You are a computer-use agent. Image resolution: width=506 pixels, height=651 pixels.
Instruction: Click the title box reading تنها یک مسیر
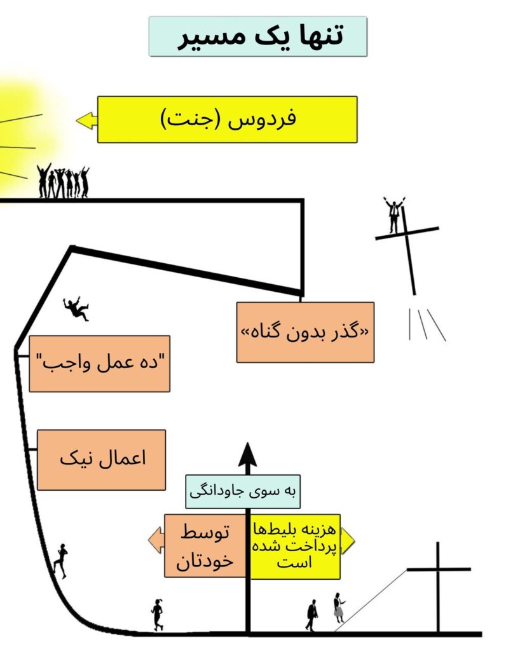click(x=258, y=36)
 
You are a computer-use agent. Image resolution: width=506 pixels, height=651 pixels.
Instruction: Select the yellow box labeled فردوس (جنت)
click(x=227, y=120)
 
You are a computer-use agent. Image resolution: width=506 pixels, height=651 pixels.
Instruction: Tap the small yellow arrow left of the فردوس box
click(x=86, y=120)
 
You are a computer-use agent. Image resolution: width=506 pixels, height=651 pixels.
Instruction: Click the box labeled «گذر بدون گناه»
click(x=305, y=332)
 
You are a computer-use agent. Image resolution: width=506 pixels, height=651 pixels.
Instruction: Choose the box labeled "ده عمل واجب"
click(x=100, y=364)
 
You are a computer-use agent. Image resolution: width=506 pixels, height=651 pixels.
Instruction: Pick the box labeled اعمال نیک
click(x=101, y=460)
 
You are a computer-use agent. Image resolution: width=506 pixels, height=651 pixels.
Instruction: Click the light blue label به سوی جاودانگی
click(x=242, y=491)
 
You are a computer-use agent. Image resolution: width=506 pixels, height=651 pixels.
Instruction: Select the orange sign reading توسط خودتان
click(x=205, y=546)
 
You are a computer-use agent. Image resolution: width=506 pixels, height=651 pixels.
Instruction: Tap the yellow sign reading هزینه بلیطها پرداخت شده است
click(x=295, y=546)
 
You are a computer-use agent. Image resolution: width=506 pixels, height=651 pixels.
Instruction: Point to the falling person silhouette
click(x=76, y=309)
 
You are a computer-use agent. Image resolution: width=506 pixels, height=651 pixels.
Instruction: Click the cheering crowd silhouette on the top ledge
click(x=63, y=181)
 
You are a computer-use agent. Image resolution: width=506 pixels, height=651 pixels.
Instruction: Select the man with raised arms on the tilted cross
click(x=393, y=215)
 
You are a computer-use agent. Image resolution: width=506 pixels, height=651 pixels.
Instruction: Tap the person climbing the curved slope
click(x=60, y=561)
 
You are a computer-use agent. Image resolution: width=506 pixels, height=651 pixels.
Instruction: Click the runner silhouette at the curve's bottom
click(x=157, y=615)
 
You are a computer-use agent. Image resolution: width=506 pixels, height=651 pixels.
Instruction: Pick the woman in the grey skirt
click(x=339, y=607)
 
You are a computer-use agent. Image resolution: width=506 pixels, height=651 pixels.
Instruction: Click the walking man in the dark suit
click(x=311, y=615)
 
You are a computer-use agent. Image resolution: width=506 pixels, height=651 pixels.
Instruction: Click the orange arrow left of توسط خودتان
click(x=156, y=540)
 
